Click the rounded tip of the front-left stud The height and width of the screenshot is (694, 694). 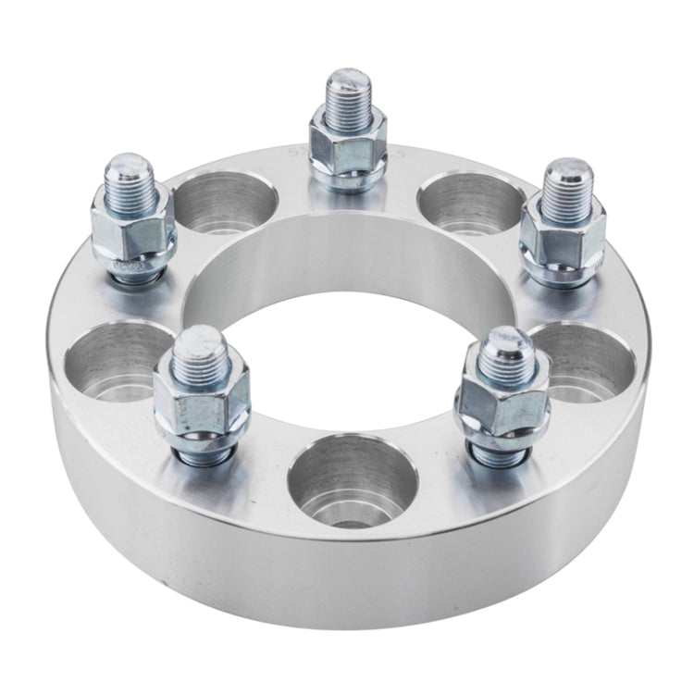click(203, 349)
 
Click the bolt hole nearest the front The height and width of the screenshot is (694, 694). click(352, 481)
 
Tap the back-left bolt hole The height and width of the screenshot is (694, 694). click(224, 202)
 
